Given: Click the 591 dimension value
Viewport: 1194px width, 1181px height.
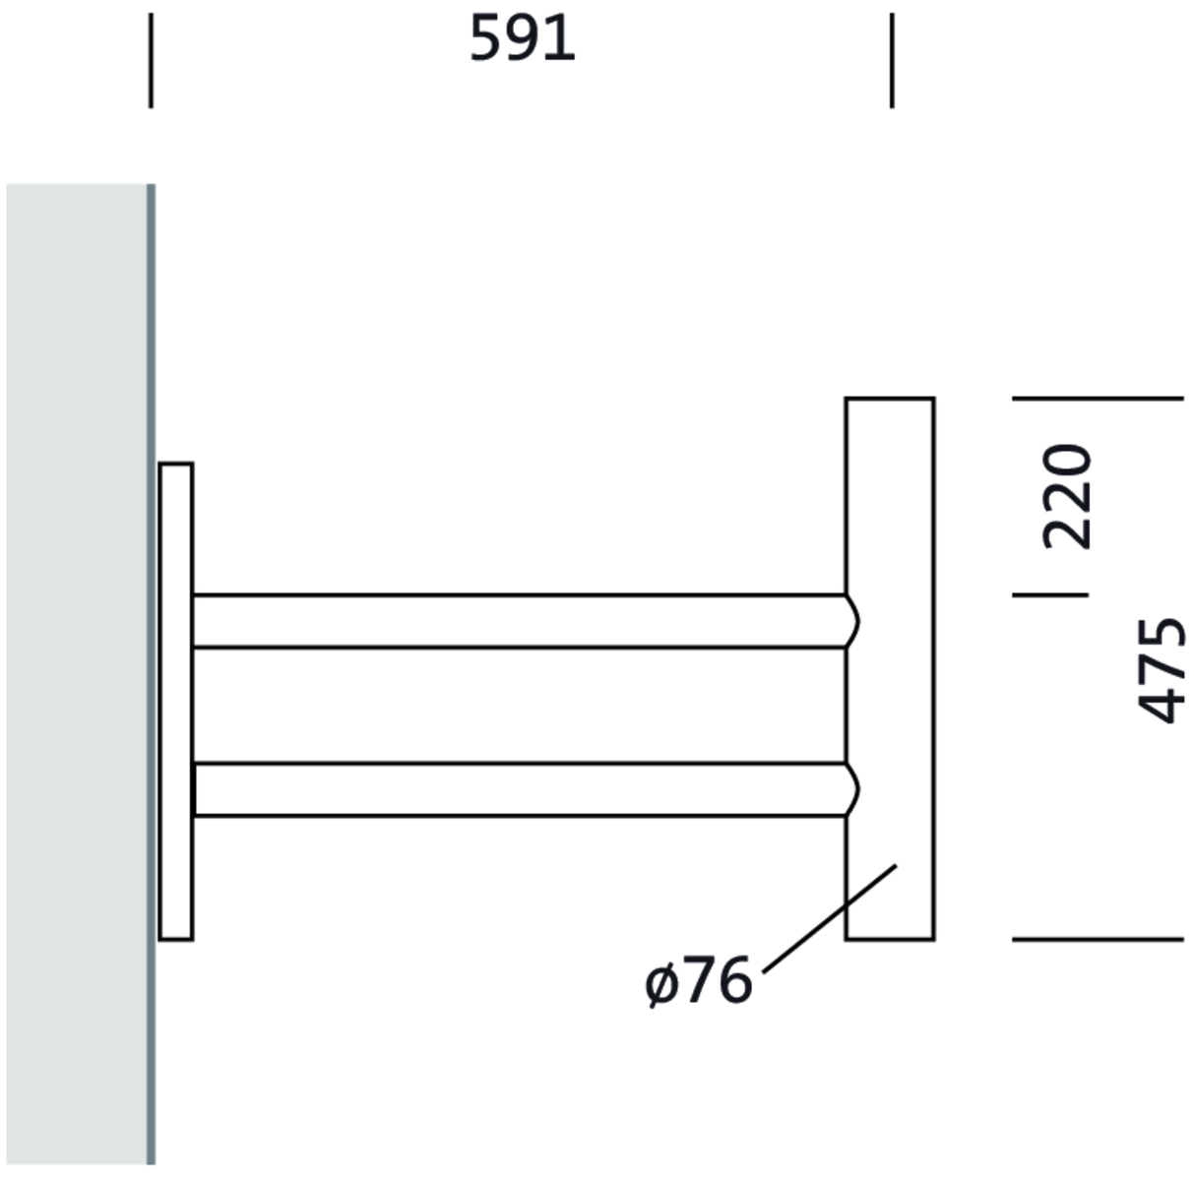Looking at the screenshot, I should point(522,41).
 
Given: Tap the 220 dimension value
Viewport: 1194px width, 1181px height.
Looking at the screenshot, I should point(1068,497).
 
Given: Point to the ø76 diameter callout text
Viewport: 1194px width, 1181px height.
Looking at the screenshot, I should point(699,982).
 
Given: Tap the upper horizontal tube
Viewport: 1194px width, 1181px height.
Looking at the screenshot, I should point(519,621).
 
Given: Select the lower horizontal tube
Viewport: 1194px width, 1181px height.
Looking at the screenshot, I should point(519,789).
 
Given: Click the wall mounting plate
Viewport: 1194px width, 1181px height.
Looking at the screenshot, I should point(176,701).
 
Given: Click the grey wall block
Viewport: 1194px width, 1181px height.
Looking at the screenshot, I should point(76,674).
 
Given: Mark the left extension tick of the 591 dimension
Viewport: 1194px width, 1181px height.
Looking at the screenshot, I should point(151,60).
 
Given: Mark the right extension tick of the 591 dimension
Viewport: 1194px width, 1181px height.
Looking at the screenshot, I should point(892,60).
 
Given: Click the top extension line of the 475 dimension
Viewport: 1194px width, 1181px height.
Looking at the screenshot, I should point(1098,398).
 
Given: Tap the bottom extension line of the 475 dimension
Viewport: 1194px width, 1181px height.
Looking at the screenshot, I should point(1098,940).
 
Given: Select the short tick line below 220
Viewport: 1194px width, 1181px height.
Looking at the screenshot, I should point(1050,594).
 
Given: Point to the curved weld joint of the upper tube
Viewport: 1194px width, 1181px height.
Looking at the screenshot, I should point(852,621).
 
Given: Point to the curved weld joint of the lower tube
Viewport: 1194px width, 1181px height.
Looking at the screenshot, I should point(852,789).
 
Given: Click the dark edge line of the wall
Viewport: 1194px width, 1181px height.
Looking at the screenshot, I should point(151,674).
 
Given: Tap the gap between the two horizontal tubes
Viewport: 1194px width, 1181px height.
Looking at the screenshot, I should point(519,705).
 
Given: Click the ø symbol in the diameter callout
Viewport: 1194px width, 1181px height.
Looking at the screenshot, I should point(661,983).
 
